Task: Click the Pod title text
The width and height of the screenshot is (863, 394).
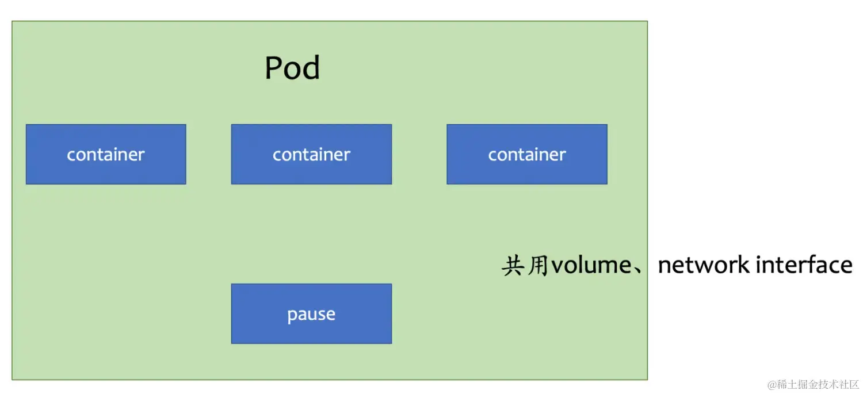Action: (x=292, y=68)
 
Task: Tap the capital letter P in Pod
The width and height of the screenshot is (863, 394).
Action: (x=274, y=68)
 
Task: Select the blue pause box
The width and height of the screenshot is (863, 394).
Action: (x=311, y=313)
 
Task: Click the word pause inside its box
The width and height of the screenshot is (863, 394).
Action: (x=311, y=315)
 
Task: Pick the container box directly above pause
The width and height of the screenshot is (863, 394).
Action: (x=311, y=154)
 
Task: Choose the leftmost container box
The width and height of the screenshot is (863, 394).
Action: (x=106, y=154)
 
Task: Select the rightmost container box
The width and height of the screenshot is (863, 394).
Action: (x=526, y=154)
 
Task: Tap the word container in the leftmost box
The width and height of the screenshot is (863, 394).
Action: (x=106, y=155)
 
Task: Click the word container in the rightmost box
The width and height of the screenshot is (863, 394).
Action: (x=527, y=155)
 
